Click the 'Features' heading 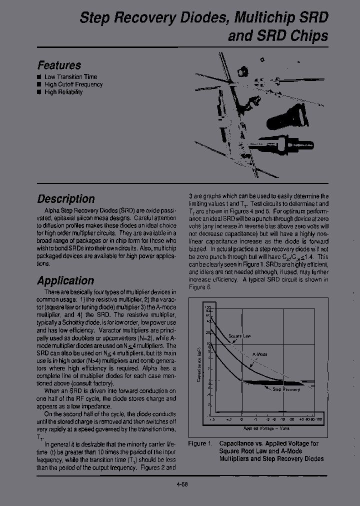point(59,65)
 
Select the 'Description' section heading point(65,198)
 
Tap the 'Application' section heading point(65,280)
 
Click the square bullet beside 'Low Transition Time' point(39,77)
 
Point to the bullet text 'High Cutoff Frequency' point(73,84)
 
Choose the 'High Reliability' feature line point(63,92)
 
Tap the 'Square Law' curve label point(239,336)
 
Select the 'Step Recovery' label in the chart point(286,389)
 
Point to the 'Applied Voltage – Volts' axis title point(266,428)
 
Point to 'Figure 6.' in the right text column point(200,287)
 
